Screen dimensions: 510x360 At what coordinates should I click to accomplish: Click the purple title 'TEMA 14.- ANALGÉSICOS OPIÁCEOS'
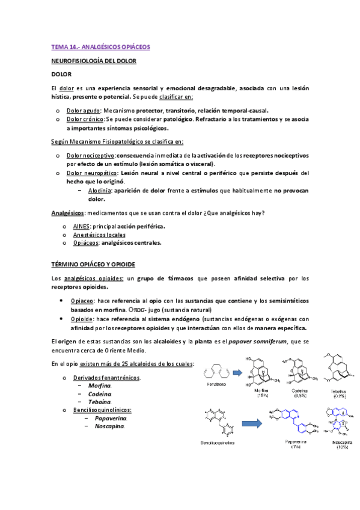click(100, 46)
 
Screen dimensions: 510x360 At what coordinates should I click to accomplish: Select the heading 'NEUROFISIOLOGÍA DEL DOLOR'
click(94, 61)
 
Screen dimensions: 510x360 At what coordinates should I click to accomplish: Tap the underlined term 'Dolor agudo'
click(83, 111)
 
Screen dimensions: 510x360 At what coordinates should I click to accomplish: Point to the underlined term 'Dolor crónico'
click(85, 119)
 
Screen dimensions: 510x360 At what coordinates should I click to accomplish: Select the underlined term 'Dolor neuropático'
click(91, 173)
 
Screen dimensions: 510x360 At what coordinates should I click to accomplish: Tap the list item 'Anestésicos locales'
click(99, 235)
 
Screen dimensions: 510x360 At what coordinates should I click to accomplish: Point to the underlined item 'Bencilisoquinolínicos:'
click(102, 410)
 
